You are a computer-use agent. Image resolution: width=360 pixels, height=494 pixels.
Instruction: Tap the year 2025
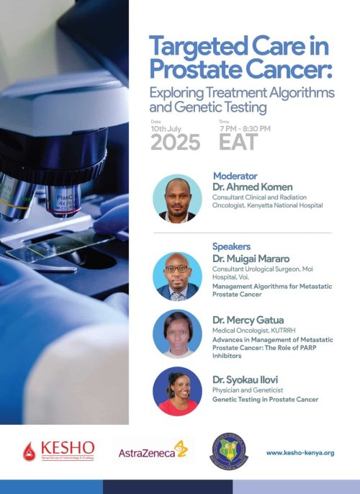click(176, 142)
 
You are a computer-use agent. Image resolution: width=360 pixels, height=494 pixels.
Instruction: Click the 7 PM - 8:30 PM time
click(244, 128)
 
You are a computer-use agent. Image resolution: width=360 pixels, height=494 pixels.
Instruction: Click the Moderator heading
click(235, 176)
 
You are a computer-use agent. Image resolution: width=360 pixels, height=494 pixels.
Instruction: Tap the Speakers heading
click(231, 246)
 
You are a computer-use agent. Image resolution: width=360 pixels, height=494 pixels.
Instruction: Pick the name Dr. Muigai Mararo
click(249, 257)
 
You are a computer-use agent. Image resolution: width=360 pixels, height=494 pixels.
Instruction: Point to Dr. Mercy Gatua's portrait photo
click(177, 333)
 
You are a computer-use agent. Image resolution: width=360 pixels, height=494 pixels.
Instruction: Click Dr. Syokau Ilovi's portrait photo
click(177, 391)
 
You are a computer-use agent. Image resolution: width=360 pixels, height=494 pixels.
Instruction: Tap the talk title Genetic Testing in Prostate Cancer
click(264, 399)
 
